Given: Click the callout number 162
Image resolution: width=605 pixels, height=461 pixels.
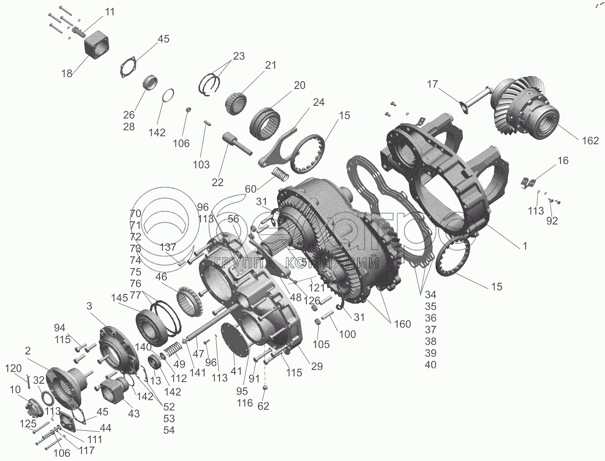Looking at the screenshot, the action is (x=590, y=140).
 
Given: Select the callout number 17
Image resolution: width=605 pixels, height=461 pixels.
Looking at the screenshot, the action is (x=433, y=84).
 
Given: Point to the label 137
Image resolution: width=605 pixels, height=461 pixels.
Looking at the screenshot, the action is (x=168, y=247).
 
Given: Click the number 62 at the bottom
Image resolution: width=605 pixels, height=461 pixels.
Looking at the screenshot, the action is (x=263, y=406).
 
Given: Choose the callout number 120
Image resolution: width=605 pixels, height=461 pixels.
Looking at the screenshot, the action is (x=13, y=368).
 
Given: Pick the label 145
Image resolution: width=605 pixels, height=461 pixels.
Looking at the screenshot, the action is (x=119, y=298).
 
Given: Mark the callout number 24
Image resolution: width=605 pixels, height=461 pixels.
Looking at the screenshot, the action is (x=319, y=102).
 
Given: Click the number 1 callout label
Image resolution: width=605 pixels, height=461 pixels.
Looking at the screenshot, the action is (x=525, y=246).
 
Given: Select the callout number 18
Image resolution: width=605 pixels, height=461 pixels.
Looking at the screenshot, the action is (x=67, y=73).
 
